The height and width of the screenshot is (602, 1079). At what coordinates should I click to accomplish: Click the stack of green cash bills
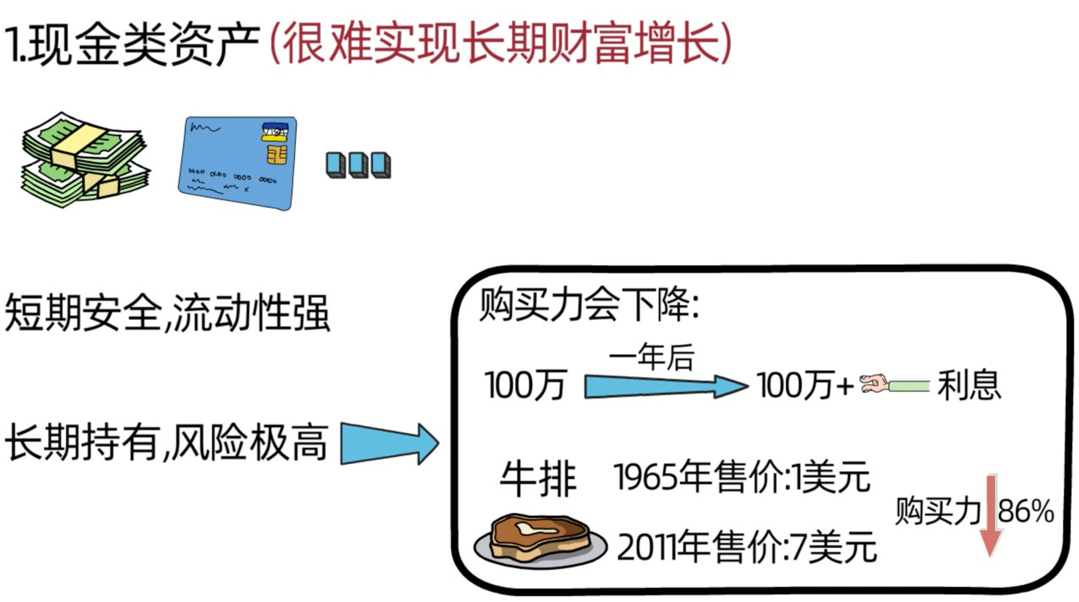click(85, 160)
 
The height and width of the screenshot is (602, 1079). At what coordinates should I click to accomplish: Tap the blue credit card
click(238, 163)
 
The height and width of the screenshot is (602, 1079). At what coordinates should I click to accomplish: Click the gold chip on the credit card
click(277, 155)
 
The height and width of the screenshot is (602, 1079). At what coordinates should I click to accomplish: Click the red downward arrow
click(991, 516)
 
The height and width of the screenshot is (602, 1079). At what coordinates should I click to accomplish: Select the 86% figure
click(1026, 511)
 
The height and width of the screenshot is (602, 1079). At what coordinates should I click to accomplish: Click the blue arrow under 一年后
click(666, 385)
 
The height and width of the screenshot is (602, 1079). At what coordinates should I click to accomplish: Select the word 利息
click(969, 385)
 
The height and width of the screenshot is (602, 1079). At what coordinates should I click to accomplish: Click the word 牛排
click(538, 478)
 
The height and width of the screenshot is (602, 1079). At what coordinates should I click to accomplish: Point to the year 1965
click(645, 477)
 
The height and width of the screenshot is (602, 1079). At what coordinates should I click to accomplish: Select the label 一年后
click(651, 357)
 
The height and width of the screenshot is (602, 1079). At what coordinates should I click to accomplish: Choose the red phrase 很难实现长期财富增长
click(500, 43)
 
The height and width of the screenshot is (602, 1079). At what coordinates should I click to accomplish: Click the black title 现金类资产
click(144, 45)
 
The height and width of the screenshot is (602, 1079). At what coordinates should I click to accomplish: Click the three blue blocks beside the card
click(358, 165)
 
